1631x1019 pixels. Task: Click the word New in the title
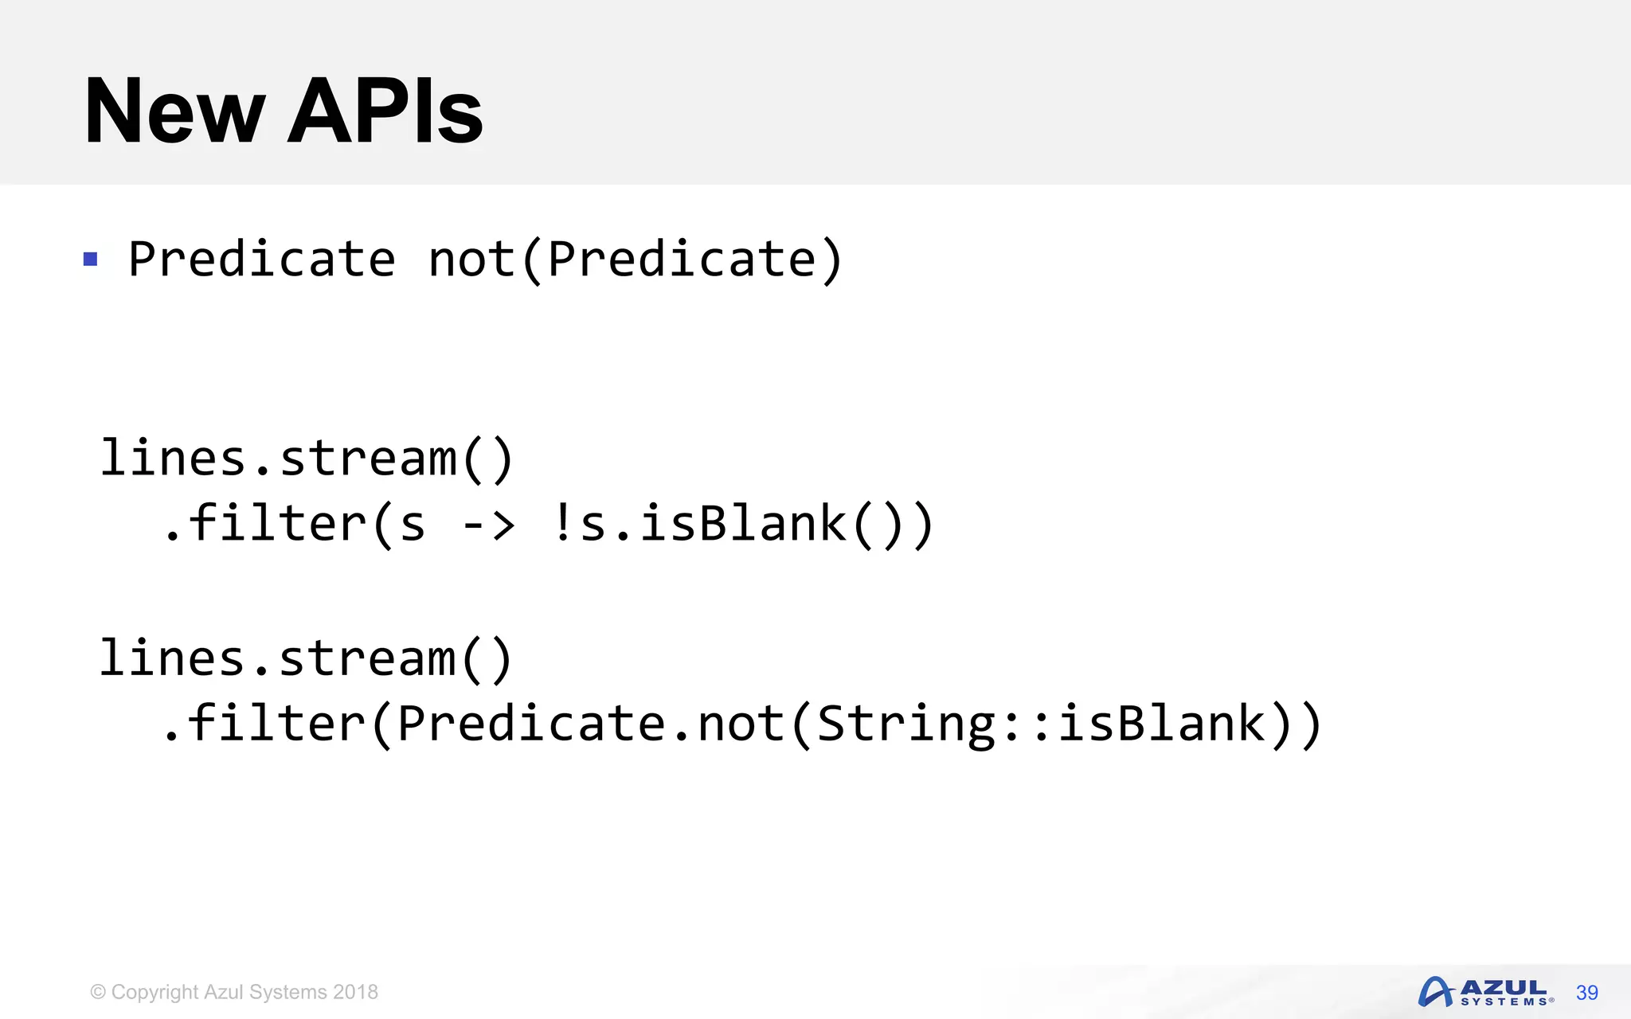(x=174, y=111)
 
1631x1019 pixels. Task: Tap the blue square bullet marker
(x=91, y=260)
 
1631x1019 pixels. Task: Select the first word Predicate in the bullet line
(x=262, y=260)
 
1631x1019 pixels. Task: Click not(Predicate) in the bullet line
(x=635, y=260)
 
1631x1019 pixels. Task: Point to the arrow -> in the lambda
(x=488, y=525)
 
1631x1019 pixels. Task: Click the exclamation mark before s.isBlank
(x=562, y=523)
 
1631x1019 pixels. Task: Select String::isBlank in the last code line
(x=1040, y=724)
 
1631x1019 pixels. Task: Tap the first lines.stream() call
(x=307, y=459)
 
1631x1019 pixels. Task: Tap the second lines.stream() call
(x=307, y=659)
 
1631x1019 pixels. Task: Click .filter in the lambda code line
(x=263, y=523)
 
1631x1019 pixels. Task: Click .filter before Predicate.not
(x=263, y=724)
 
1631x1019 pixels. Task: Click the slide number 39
(x=1586, y=993)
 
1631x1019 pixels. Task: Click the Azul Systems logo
(x=1484, y=992)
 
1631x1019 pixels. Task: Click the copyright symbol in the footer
(x=98, y=992)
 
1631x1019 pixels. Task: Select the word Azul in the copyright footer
(x=223, y=992)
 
